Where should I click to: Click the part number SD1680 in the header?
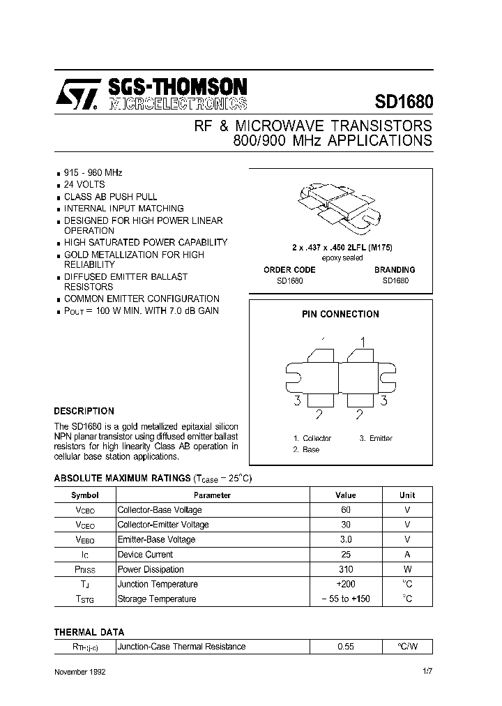coord(404,101)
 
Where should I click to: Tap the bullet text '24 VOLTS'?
coord(84,184)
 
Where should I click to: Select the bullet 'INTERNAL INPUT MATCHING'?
coord(123,208)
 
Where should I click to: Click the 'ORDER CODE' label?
coord(289,269)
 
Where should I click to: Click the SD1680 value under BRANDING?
coord(395,280)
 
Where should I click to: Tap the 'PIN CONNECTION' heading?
coord(340,314)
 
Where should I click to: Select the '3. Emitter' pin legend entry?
coord(376,438)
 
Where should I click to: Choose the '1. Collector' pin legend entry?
coord(312,438)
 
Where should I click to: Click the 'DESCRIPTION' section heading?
coord(84,411)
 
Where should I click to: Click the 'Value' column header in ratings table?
coord(345,495)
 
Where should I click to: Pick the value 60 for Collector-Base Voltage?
coord(345,509)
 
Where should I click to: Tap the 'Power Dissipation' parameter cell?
coord(151,569)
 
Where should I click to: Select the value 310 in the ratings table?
coord(345,569)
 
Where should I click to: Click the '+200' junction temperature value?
coord(345,584)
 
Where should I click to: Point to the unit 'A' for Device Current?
coord(407,554)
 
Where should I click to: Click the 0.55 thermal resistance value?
coord(345,646)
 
